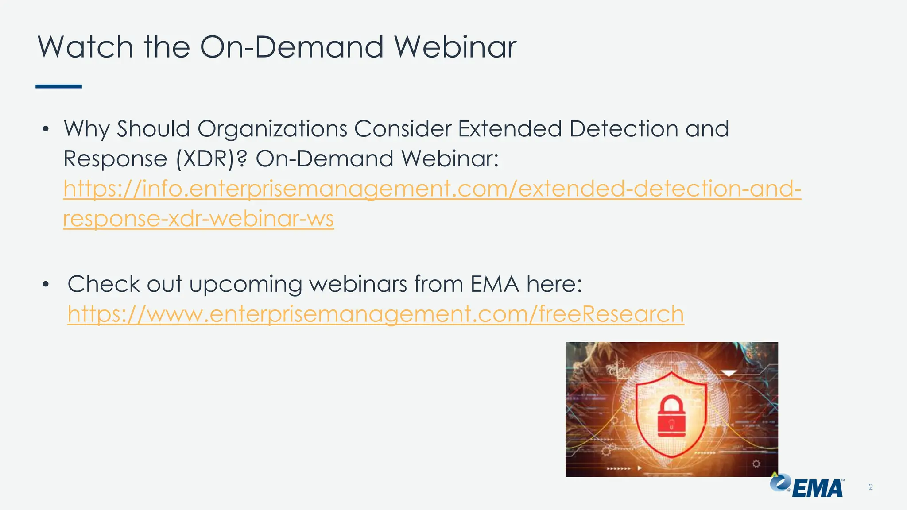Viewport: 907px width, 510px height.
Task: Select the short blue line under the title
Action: pos(58,86)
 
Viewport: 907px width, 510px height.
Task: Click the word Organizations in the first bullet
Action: pos(272,129)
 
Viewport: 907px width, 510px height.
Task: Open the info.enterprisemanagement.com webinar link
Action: pos(432,189)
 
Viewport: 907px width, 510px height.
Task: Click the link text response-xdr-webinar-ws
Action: pos(198,219)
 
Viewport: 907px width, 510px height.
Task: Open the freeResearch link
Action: pos(376,314)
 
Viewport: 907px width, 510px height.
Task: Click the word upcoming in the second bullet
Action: pos(245,285)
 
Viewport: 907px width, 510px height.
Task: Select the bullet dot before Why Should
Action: pos(45,129)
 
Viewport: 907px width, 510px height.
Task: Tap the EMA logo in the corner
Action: pos(807,486)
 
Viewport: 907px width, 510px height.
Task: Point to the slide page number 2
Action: pos(871,487)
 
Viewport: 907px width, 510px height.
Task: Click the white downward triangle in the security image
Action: pos(729,373)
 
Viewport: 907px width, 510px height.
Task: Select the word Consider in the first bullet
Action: pos(402,129)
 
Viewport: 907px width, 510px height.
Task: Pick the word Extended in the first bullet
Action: pos(510,129)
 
